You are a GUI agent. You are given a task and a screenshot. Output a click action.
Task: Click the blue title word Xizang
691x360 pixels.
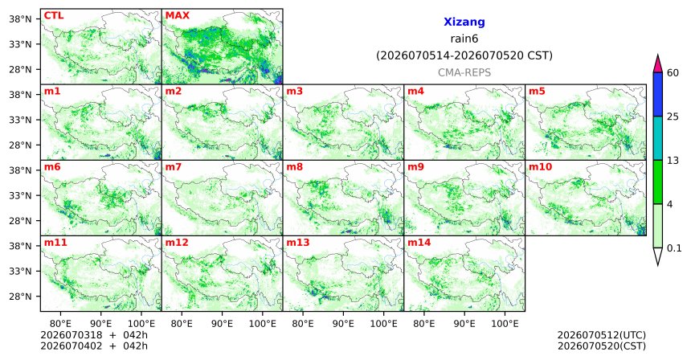click(464, 22)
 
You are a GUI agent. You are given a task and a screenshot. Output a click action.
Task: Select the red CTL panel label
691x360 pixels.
click(54, 15)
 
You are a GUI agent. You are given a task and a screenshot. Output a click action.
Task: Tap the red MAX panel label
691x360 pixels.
click(177, 15)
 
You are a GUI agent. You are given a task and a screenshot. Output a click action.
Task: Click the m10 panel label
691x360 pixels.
click(540, 167)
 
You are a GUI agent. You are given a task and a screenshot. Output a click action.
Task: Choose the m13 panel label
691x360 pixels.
click(298, 243)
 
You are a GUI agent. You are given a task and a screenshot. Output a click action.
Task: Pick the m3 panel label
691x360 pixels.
click(294, 92)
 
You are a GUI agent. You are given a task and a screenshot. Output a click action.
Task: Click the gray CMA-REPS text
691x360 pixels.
click(464, 72)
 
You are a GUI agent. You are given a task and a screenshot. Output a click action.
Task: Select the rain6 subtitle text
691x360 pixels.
click(464, 39)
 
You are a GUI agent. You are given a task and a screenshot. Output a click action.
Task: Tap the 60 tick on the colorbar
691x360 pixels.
click(673, 72)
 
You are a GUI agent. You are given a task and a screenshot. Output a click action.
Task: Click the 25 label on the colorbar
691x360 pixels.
click(673, 117)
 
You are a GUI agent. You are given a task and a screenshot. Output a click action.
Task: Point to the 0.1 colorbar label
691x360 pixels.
click(674, 248)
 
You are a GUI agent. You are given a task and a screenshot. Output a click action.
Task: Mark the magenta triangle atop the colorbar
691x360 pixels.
click(658, 64)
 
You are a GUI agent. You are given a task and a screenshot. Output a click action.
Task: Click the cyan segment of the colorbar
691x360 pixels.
click(658, 138)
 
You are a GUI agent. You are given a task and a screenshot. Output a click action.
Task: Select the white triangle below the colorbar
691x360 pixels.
click(658, 255)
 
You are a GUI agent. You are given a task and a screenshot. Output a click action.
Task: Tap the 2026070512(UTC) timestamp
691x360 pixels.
click(602, 336)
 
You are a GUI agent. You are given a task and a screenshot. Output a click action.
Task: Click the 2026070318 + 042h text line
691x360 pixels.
click(94, 335)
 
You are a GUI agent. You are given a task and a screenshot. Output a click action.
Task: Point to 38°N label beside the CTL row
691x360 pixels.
click(20, 19)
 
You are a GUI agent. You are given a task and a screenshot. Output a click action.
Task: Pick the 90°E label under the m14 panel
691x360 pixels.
click(464, 324)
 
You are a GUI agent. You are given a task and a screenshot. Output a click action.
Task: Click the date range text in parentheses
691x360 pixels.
click(464, 56)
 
